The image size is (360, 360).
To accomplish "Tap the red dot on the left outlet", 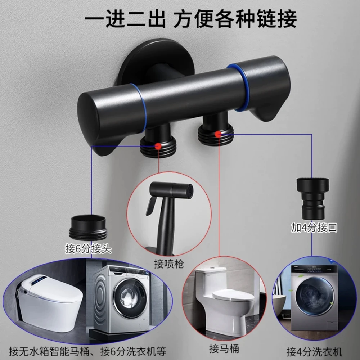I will point(157,146).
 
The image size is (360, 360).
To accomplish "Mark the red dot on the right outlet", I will point(218,134).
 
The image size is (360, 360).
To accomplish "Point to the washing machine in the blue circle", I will point(312,302).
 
